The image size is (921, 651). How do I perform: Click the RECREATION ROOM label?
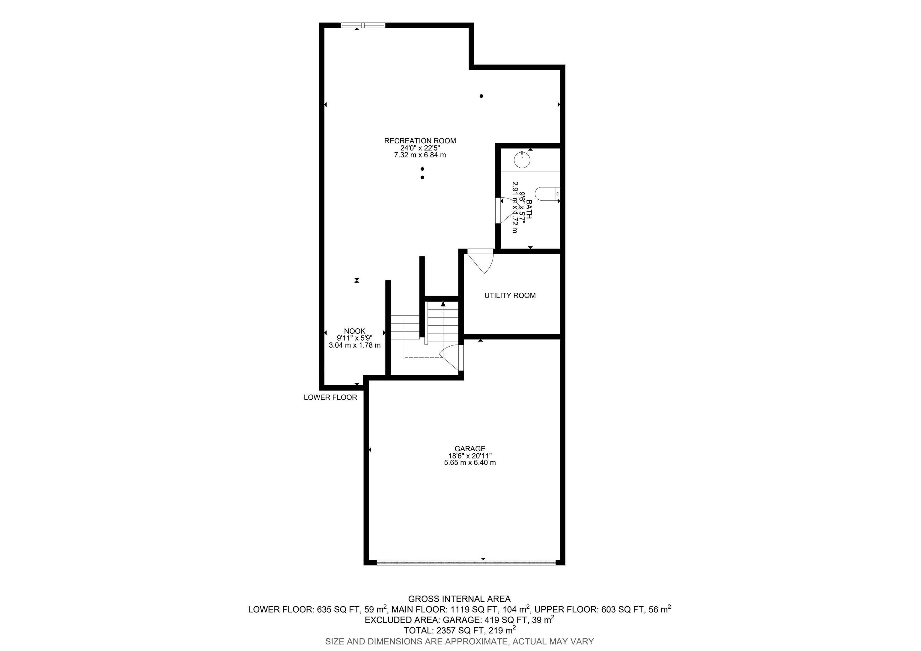[420, 141]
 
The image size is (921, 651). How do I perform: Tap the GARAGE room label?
[470, 449]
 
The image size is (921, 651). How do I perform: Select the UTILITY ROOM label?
[510, 296]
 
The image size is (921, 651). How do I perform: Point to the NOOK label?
[355, 331]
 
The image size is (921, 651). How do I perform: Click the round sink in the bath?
[522, 160]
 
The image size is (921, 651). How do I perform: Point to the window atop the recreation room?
[363, 25]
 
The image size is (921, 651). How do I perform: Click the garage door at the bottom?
[466, 562]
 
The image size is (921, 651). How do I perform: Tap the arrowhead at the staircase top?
[443, 304]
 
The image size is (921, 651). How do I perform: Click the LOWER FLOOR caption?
[330, 398]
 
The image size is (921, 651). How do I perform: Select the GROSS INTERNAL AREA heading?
[459, 599]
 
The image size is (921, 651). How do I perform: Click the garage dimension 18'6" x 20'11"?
[470, 456]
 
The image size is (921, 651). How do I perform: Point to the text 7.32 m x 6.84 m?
[420, 155]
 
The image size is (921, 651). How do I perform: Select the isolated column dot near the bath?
[481, 96]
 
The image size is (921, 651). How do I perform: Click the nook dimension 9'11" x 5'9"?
[355, 338]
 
